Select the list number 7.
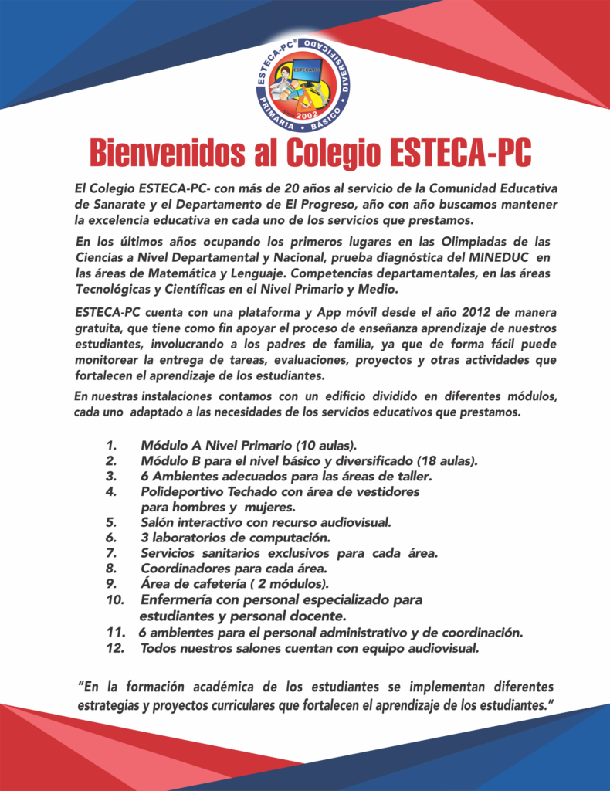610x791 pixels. pos(112,552)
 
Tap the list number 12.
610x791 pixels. pos(116,647)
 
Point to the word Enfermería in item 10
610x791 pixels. pos(175,600)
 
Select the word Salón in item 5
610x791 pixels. pos(158,522)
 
